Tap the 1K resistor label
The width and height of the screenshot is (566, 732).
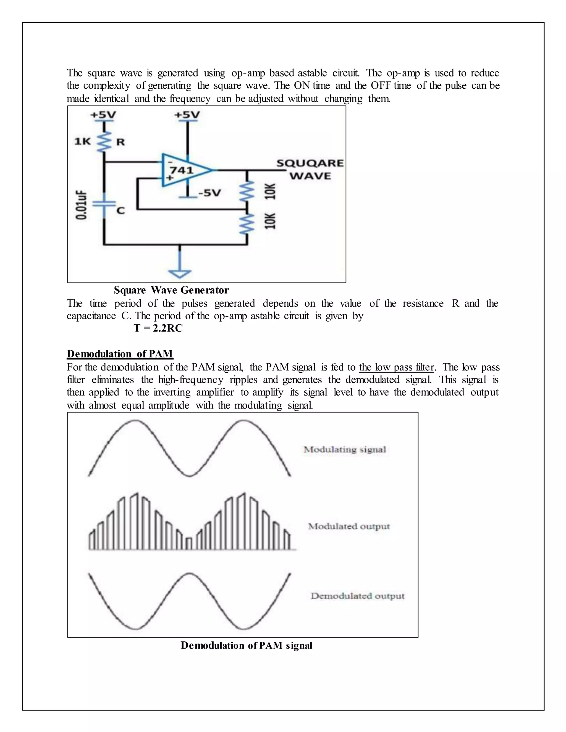pos(82,141)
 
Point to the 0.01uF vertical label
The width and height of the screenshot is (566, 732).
pos(81,205)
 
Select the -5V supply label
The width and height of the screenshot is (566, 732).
pos(209,193)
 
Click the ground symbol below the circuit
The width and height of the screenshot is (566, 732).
pos(180,273)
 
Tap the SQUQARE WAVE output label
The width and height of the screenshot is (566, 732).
pos(310,170)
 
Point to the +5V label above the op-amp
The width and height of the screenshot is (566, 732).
pos(187,115)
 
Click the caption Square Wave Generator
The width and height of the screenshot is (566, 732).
pos(171,290)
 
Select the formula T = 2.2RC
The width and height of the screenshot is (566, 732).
pos(158,328)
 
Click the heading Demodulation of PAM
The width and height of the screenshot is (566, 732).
pos(120,354)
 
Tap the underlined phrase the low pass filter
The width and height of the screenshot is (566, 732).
pos(396,367)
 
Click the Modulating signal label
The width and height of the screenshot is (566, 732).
pos(345,449)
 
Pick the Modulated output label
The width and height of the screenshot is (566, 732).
pos(349,526)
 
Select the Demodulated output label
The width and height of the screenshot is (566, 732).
pos(357,596)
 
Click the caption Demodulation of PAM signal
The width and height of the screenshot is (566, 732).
pos(247,645)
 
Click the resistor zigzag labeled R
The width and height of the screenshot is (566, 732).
pos(104,141)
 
